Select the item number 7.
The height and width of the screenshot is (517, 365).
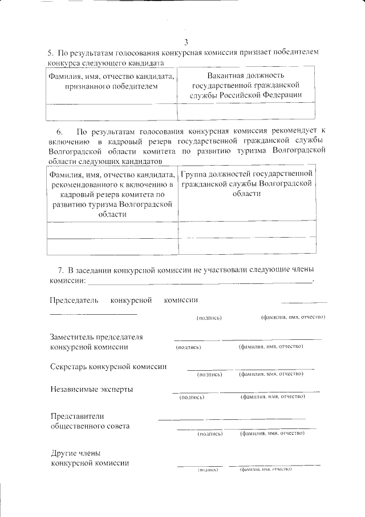[60, 270]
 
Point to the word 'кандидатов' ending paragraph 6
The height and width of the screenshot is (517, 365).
[136, 162]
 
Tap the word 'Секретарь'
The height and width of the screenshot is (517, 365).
[69, 367]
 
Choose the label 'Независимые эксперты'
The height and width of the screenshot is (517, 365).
[92, 389]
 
